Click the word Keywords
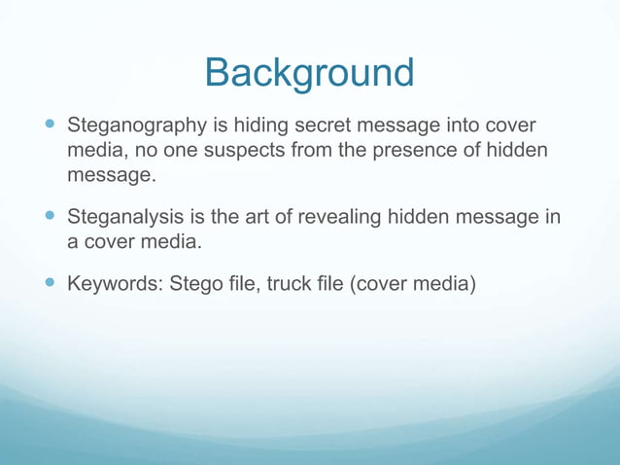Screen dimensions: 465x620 (x=114, y=285)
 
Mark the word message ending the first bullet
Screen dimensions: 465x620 (x=109, y=176)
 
